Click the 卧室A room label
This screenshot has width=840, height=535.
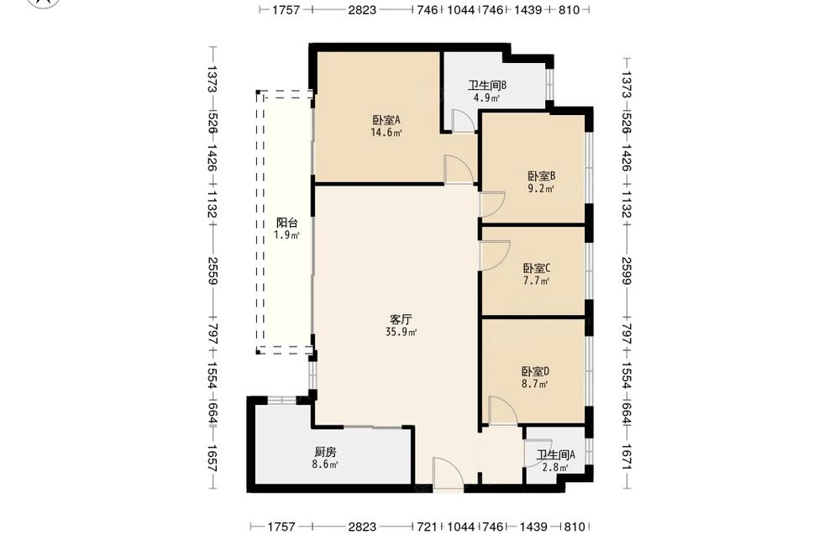pos(386,120)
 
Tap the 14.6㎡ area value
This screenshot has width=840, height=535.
pos(386,132)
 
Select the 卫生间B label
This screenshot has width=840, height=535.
pos(487,85)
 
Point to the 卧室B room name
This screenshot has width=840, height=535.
pos(541,176)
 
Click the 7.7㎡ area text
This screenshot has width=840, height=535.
pos(536,281)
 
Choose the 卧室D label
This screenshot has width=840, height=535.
pos(535,371)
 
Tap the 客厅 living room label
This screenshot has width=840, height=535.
pos(401,320)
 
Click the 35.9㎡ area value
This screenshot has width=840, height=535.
pos(402,332)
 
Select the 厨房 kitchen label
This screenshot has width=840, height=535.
pos(325,452)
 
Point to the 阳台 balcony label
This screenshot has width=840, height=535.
pos(286,223)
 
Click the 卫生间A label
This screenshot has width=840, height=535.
pos(556,454)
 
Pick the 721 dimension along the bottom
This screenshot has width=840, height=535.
pos(427,527)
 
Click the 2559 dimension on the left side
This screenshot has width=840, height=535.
pos(213,270)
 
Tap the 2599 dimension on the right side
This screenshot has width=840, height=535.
pos(627,270)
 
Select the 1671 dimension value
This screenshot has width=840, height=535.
pos(627,458)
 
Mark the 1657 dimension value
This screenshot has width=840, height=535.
pos(213,458)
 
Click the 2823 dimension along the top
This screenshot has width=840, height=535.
pos(362,9)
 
